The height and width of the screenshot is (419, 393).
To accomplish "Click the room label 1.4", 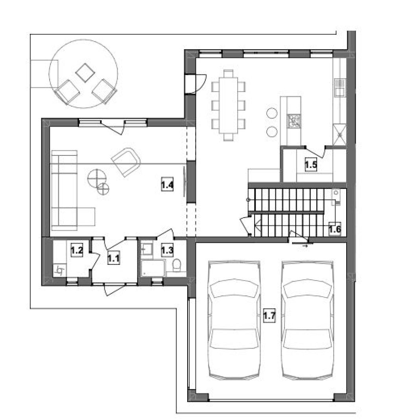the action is tap(168, 185).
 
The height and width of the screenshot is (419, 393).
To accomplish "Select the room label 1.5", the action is tap(311, 164).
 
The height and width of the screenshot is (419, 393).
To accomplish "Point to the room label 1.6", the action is tap(334, 229).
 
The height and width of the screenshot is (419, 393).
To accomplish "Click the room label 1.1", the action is tap(114, 258).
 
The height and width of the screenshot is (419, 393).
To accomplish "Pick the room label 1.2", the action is tap(77, 250).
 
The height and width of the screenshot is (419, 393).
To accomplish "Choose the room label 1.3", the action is tap(167, 250).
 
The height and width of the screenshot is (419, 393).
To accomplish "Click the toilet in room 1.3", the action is tap(177, 265).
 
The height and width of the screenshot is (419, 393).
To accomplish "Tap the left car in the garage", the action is tap(234, 320).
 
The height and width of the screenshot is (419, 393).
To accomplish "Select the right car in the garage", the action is tap(308, 320).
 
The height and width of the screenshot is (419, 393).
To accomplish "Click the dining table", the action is tap(228, 105).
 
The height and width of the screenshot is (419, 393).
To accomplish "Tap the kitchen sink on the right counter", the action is tap(340, 87).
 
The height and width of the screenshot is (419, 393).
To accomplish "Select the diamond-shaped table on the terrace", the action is tap(85, 73).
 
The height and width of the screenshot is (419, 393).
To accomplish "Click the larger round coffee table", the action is tap(97, 178).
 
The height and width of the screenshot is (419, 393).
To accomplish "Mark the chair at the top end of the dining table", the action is tap(228, 73).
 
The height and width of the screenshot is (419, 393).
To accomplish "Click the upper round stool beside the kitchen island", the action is tap(272, 113).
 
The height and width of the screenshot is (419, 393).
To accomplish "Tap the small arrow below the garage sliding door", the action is tap(305, 246).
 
